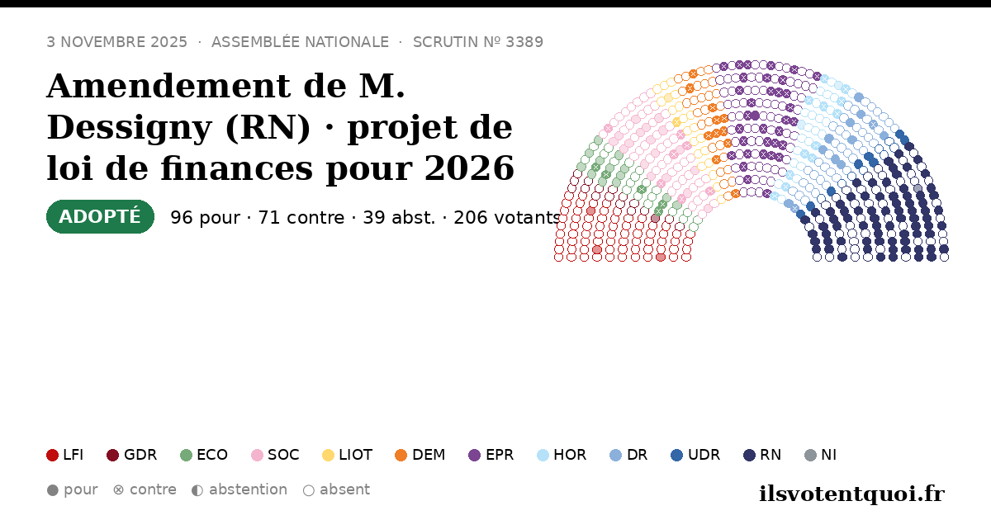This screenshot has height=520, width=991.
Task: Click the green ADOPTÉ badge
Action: tap(100, 216)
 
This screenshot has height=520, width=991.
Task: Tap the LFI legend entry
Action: tap(64, 455)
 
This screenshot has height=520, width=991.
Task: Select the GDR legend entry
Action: tap(132, 455)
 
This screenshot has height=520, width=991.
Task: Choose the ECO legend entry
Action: tap(204, 455)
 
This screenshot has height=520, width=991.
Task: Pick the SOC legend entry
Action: tap(275, 455)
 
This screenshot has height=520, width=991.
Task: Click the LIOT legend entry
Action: tap(348, 455)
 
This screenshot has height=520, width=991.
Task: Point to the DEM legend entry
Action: tap(420, 455)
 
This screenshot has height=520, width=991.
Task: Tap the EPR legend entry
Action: tap(491, 455)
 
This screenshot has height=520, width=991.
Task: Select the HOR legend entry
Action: tap(562, 455)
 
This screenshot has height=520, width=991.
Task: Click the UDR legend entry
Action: tap(695, 455)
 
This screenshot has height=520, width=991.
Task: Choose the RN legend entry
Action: tap(762, 455)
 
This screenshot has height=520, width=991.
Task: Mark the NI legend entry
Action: tap(820, 455)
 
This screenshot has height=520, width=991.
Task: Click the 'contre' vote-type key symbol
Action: tap(119, 490)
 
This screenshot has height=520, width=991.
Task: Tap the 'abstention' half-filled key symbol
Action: tap(197, 490)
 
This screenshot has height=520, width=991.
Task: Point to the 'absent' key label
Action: tap(344, 489)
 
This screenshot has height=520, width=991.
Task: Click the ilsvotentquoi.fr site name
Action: tap(851, 494)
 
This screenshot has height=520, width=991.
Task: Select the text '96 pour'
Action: tap(206, 218)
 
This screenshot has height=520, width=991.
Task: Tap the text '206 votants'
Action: tap(507, 218)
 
